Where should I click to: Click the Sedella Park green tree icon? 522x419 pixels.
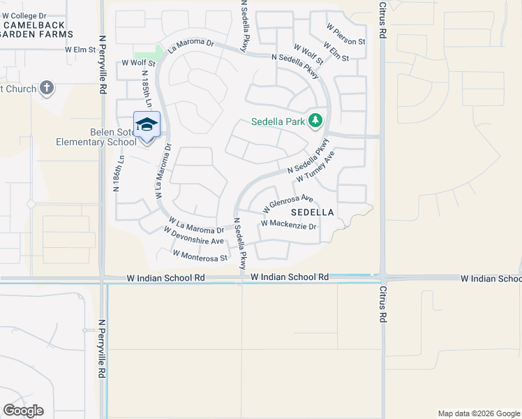click(x=315, y=121)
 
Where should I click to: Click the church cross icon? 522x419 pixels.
click(x=47, y=88)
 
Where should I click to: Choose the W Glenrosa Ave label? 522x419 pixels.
click(x=288, y=204)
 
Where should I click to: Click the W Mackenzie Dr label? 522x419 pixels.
click(x=288, y=225)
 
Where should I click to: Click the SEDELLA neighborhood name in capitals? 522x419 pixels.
click(x=312, y=212)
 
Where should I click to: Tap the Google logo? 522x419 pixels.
click(x=23, y=411)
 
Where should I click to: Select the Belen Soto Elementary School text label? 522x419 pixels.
click(x=96, y=137)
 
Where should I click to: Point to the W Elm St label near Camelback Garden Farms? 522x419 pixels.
click(x=80, y=50)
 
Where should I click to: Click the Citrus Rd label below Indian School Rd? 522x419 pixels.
click(x=382, y=305)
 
